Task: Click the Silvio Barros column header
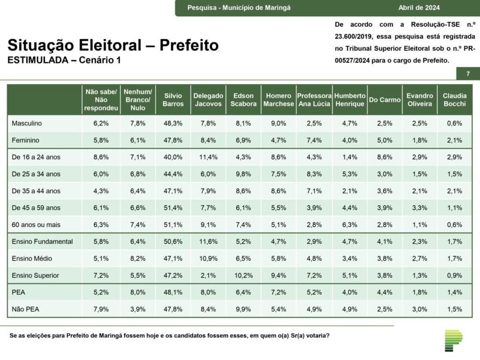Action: point(173,100)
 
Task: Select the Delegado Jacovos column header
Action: point(208,100)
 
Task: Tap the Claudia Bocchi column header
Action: point(454,100)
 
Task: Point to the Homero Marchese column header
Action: point(278,100)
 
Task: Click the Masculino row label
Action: point(27,123)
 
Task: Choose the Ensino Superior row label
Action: point(36,275)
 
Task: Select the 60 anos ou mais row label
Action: point(37,225)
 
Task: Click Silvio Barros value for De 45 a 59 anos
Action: point(173,208)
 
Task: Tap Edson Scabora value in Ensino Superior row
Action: point(243,275)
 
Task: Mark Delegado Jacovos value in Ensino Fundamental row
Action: point(208,241)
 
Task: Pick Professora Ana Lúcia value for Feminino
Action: point(314,140)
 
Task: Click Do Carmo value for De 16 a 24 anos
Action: point(384,157)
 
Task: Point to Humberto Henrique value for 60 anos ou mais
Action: point(350,225)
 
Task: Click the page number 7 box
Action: point(468,74)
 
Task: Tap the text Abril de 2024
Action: point(419,7)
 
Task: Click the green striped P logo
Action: point(453,340)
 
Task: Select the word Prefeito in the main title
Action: point(189,45)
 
